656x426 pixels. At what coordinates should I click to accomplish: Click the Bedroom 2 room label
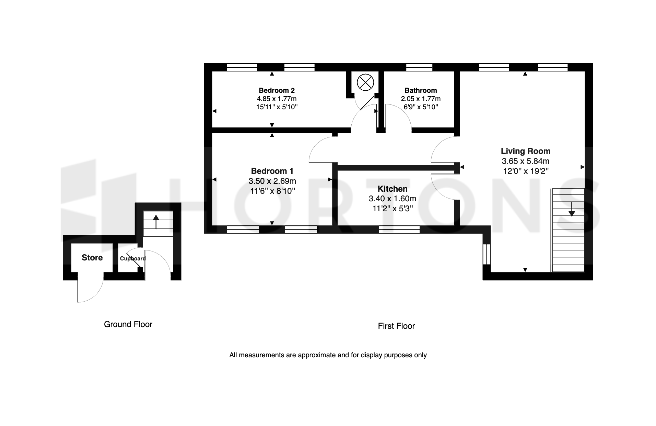pos(277,90)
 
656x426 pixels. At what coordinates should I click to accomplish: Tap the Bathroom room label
pos(421,90)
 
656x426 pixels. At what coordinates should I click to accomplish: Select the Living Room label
pos(526,151)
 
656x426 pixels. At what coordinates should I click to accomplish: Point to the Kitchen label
pos(393,189)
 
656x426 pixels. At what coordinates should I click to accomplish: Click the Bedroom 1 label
pos(272,171)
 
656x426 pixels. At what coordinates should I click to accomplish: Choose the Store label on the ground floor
pos(92,258)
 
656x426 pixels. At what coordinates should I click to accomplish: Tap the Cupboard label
pos(133,259)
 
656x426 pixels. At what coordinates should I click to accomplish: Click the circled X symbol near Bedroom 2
pos(365,83)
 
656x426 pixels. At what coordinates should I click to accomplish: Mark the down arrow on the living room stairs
pos(572,209)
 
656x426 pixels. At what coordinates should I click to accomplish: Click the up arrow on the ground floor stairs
pos(156,222)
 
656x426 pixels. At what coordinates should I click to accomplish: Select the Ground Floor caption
pos(128,324)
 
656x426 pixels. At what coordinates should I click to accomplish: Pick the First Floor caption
pos(396,326)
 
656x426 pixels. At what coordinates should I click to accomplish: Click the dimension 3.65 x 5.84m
pos(526,161)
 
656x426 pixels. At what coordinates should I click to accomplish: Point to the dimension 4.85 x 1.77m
pos(277,99)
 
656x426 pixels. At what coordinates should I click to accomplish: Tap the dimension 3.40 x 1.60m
pos(393,199)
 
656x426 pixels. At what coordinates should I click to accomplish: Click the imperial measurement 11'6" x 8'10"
pos(272,191)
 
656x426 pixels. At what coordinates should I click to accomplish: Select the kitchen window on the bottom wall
pos(399,229)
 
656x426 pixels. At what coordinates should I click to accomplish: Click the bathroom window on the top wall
pos(419,67)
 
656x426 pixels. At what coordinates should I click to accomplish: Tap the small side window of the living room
pos(487,254)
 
